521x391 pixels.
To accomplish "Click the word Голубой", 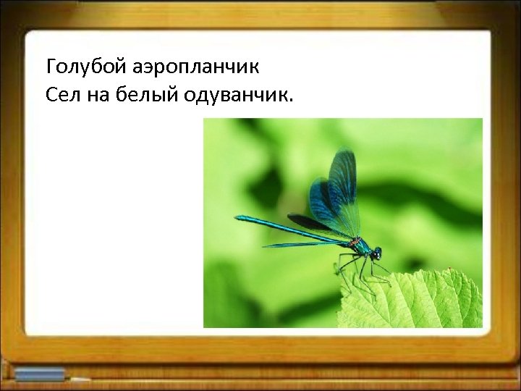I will pos(86,69).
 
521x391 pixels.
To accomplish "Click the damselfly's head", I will pos(376,253).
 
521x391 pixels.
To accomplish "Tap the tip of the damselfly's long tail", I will pos(237,216).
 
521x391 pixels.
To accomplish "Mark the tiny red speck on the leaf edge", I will pos(449,270).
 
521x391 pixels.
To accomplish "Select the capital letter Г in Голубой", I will pos(51,69).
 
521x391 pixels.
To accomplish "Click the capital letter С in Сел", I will pos(51,94).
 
